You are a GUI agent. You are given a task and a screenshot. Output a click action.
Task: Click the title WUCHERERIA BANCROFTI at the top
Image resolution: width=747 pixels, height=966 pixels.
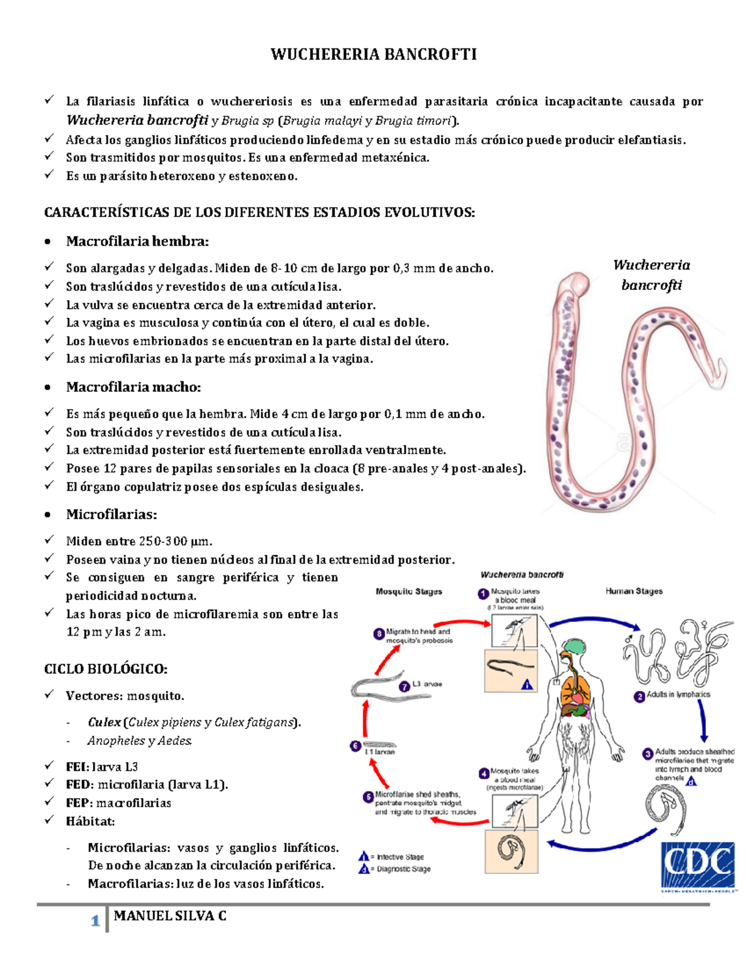click(x=374, y=55)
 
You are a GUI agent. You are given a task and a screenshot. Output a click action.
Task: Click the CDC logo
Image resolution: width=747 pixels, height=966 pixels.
click(x=698, y=865)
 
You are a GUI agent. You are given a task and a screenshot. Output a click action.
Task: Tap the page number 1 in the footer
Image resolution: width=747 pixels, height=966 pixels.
click(x=95, y=921)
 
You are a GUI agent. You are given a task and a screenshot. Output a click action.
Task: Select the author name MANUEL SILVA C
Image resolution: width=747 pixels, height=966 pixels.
click(x=170, y=916)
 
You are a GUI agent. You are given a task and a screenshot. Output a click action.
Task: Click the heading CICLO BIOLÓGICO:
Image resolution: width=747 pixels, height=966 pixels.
click(x=106, y=669)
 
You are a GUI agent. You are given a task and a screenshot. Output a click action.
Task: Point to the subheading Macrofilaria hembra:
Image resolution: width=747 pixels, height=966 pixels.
click(x=138, y=241)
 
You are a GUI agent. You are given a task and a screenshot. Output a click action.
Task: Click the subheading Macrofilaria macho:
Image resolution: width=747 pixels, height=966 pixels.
click(x=133, y=387)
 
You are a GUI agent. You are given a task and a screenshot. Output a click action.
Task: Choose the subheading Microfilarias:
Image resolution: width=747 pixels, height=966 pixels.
click(x=111, y=514)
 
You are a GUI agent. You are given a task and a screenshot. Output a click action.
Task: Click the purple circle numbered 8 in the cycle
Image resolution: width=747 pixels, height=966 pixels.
click(x=378, y=634)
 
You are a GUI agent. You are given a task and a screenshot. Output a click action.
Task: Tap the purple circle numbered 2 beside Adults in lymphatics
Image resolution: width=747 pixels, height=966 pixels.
click(x=639, y=697)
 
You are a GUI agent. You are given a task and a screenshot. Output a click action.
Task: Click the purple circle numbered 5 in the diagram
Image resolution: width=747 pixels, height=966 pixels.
click(x=369, y=797)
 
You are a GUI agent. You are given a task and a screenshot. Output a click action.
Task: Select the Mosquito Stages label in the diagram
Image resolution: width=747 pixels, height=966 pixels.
click(x=408, y=591)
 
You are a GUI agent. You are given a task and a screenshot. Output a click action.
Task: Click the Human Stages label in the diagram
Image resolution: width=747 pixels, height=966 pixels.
click(x=634, y=591)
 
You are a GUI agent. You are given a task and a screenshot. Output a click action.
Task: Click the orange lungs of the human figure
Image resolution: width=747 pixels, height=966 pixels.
click(x=573, y=687)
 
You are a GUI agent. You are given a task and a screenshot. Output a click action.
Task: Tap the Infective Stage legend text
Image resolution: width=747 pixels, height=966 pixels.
click(x=400, y=857)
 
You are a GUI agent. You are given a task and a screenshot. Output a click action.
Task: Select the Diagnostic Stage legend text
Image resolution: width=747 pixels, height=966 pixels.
click(x=403, y=869)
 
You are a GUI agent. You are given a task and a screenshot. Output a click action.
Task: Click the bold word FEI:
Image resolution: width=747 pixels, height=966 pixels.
click(x=77, y=767)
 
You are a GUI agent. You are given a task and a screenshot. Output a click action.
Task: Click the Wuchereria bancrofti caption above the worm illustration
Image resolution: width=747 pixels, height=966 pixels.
click(x=651, y=275)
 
